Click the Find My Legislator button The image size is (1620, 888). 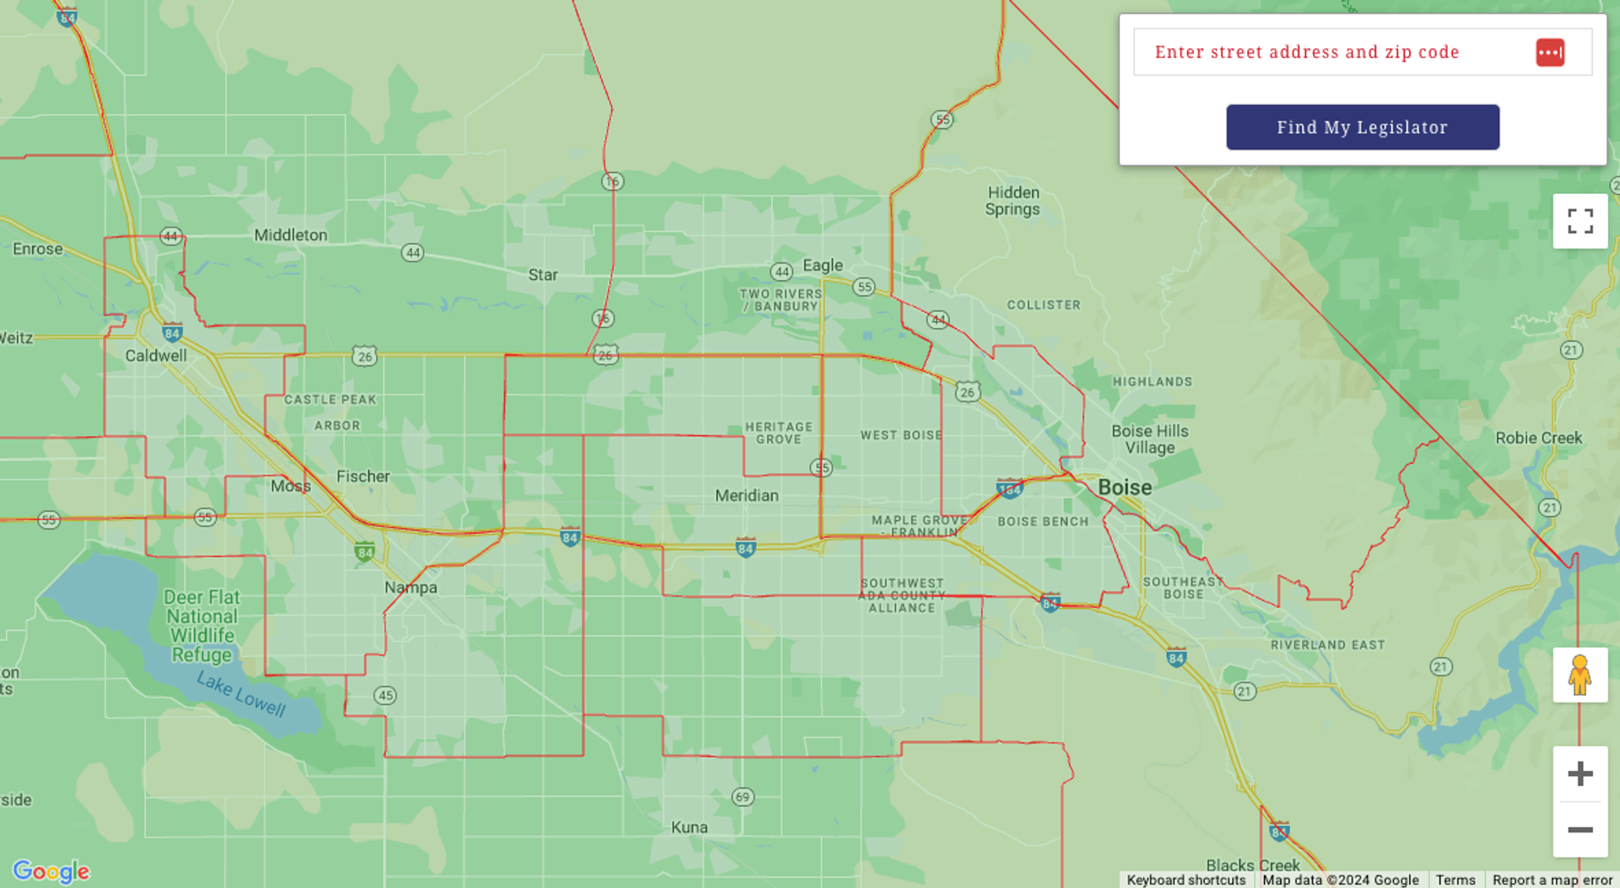tap(1362, 127)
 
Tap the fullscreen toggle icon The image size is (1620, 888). tap(1579, 221)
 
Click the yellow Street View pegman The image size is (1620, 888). tap(1579, 675)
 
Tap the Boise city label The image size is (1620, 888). tap(1125, 487)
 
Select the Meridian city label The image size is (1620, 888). tap(747, 496)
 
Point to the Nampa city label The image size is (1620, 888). tap(411, 588)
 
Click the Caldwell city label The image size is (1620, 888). tap(156, 356)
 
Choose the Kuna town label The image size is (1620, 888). tap(689, 827)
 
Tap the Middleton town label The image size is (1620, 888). tap(290, 235)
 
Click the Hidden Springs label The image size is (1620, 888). tap(1012, 201)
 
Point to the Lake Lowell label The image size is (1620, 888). tap(241, 693)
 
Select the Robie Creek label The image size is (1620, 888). tap(1538, 439)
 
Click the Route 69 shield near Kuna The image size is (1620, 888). tap(742, 797)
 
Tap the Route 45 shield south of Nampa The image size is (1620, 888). tap(386, 696)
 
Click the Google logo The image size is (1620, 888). tap(51, 871)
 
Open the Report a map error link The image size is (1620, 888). tap(1552, 880)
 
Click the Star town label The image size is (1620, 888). tap(543, 275)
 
